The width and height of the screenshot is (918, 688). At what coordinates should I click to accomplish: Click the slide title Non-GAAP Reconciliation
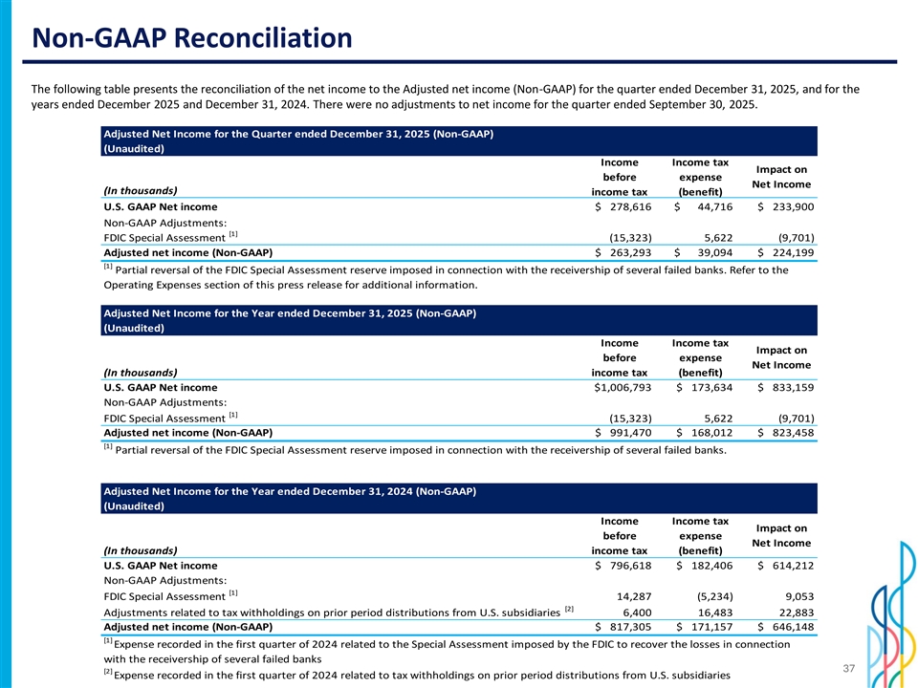coord(192,39)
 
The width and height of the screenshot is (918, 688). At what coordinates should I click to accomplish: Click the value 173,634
coord(707,387)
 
